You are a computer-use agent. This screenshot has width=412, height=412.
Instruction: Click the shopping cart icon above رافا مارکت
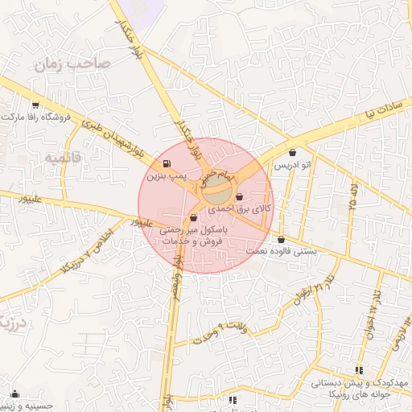pyautogui.click(x=35, y=105)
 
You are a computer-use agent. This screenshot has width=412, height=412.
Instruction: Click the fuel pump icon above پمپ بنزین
pyautogui.click(x=167, y=163)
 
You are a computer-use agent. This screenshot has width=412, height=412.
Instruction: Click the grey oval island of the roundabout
pyautogui.click(x=216, y=193)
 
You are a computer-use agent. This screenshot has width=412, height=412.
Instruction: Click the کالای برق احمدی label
pyautogui.click(x=241, y=208)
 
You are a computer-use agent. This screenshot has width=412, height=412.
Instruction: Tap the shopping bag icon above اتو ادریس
pyautogui.click(x=291, y=152)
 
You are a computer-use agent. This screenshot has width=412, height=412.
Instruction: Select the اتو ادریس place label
pyautogui.click(x=292, y=164)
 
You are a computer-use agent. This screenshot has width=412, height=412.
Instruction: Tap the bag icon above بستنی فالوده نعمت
pyautogui.click(x=281, y=240)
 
